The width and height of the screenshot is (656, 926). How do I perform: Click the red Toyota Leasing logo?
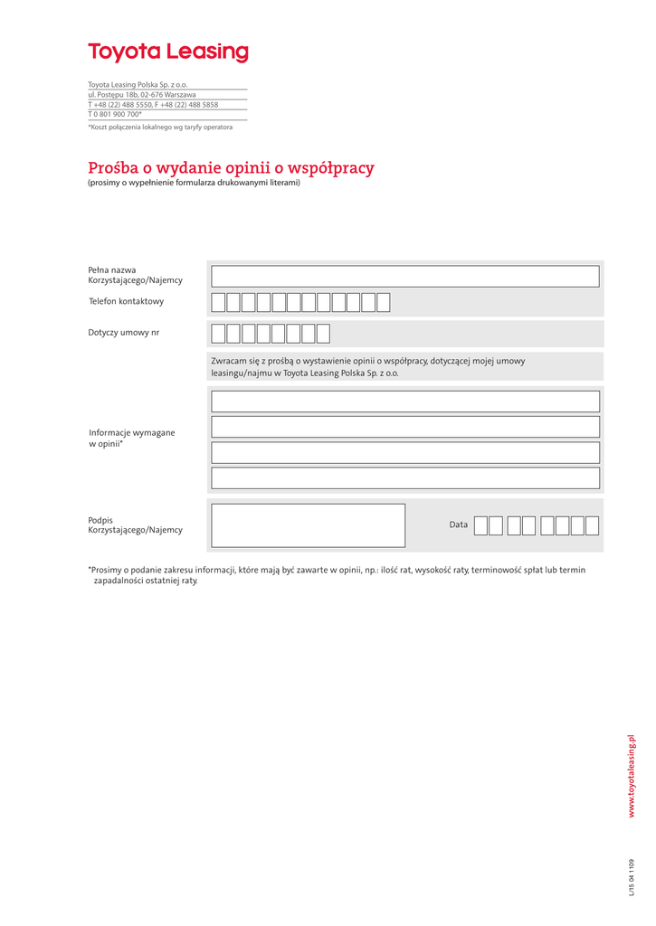pyautogui.click(x=167, y=52)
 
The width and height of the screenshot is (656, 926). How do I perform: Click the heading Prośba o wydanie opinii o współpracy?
pyautogui.click(x=231, y=168)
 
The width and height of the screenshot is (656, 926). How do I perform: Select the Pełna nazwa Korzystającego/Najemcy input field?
pyautogui.click(x=404, y=276)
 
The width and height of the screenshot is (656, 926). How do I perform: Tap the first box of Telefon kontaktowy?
pyautogui.click(x=218, y=302)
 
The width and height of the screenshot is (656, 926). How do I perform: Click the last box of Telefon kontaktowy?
pyautogui.click(x=383, y=302)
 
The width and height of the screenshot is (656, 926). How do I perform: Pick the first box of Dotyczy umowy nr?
pyautogui.click(x=218, y=334)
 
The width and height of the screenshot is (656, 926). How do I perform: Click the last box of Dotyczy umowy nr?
pyautogui.click(x=323, y=334)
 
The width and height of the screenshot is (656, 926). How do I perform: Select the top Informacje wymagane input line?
pyautogui.click(x=404, y=402)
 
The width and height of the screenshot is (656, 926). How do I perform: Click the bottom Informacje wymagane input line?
pyautogui.click(x=404, y=477)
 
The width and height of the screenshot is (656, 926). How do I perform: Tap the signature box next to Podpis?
pyautogui.click(x=308, y=525)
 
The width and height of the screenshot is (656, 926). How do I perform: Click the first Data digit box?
pyautogui.click(x=480, y=525)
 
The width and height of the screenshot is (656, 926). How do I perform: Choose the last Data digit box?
pyautogui.click(x=592, y=525)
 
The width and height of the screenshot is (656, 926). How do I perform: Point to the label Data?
pyautogui.click(x=459, y=524)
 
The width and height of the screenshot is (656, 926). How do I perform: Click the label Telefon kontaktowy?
pyautogui.click(x=127, y=301)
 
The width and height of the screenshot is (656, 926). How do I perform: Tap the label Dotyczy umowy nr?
pyautogui.click(x=123, y=333)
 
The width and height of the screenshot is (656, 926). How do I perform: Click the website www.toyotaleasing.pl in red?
pyautogui.click(x=632, y=776)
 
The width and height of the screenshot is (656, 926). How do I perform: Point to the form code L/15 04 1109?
pyautogui.click(x=632, y=877)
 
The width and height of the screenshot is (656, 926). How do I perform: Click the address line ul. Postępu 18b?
pyautogui.click(x=142, y=94)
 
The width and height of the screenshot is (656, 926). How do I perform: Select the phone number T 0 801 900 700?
pyautogui.click(x=115, y=115)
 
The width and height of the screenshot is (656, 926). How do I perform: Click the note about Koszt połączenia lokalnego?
pyautogui.click(x=160, y=128)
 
